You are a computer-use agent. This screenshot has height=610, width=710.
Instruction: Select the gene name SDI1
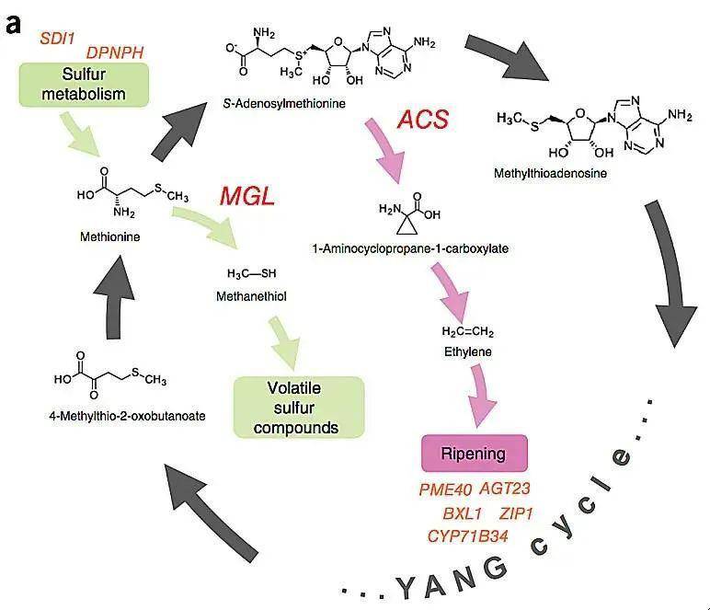[59, 39]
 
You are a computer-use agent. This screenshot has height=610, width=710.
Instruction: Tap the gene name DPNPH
[115, 53]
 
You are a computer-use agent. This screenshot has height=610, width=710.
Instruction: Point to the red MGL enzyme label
[247, 196]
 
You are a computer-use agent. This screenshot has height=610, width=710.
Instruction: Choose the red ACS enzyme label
[423, 119]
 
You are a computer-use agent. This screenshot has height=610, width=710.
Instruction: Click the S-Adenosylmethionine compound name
[285, 104]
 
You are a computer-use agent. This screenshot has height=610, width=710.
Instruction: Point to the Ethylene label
[467, 351]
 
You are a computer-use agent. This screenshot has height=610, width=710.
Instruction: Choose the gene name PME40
[445, 489]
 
